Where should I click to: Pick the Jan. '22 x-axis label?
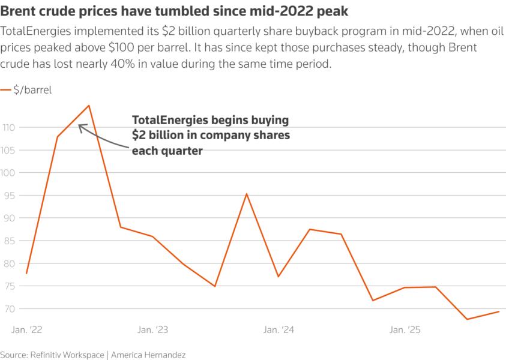point(27,330)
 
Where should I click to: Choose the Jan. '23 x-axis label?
point(152,330)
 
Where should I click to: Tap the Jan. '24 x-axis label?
point(279,330)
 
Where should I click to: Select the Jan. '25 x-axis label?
point(405,330)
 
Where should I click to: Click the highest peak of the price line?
point(89,106)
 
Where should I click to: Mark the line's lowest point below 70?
point(467,319)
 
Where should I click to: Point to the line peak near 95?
point(247,194)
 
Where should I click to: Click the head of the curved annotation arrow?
point(80,125)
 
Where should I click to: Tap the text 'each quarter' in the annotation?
point(166,151)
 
